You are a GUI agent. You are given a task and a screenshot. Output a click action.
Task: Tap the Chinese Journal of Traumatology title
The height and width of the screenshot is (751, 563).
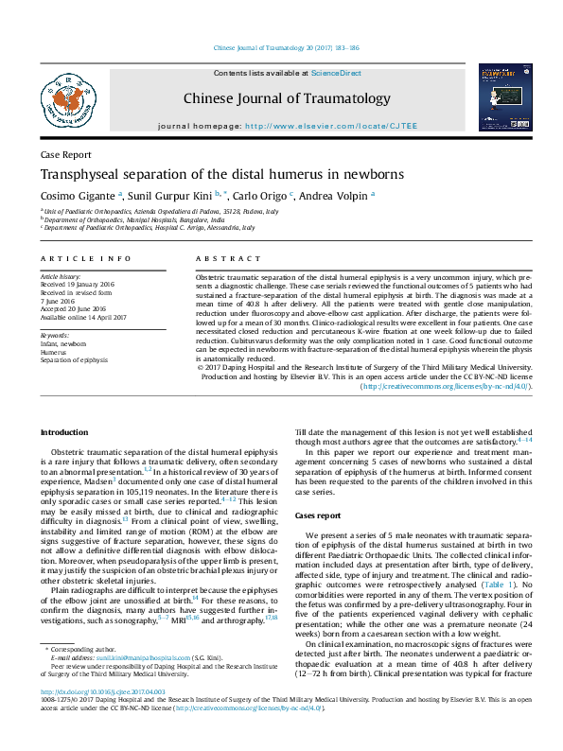click(x=286, y=98)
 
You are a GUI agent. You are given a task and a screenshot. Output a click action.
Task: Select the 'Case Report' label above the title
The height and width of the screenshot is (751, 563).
click(x=65, y=154)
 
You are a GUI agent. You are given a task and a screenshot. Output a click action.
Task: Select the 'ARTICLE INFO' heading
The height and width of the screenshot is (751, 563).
click(x=85, y=258)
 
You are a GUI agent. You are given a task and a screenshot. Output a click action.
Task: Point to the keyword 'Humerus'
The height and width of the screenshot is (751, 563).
click(x=55, y=352)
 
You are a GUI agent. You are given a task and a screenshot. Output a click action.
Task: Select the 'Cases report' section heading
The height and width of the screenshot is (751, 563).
click(x=318, y=515)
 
